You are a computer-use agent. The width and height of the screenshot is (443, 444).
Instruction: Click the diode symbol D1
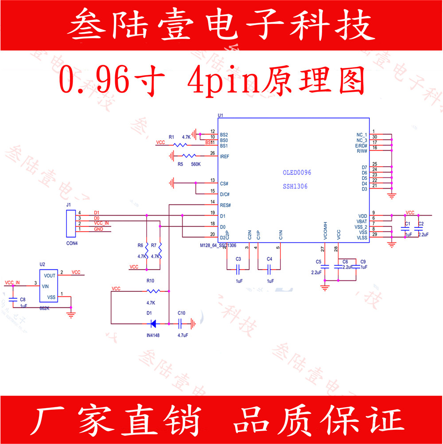153,323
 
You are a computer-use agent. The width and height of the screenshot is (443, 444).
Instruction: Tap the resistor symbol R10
153,291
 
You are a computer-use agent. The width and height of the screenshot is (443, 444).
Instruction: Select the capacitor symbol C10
181,323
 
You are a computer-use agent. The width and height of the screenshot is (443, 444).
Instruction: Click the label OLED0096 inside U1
300,173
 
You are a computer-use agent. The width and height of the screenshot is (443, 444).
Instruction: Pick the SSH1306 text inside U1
295,186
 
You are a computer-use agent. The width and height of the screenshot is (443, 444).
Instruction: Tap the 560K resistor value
196,164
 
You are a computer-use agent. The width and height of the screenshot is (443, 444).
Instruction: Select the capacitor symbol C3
238,268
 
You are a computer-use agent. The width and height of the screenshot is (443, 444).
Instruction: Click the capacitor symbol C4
269,268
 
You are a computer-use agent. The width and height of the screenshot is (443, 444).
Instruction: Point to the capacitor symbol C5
325,267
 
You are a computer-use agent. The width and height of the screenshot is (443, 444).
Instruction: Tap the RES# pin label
225,205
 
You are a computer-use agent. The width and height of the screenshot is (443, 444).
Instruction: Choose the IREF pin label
224,157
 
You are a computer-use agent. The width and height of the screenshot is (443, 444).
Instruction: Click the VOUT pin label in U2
50,275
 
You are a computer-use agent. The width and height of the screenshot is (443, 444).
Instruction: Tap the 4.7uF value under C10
183,335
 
